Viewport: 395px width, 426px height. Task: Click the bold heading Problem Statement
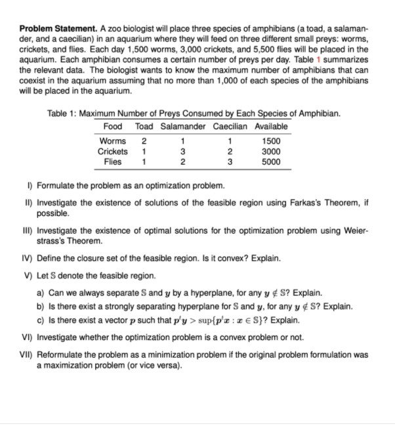point(58,30)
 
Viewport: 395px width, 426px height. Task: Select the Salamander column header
point(183,126)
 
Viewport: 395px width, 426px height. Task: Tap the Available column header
point(270,126)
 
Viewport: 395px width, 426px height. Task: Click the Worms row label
point(112,140)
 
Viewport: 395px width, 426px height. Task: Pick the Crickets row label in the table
point(112,152)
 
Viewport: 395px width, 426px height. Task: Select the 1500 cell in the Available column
point(270,140)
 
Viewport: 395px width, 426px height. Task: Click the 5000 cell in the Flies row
point(270,162)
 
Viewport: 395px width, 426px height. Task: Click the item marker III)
point(26,231)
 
